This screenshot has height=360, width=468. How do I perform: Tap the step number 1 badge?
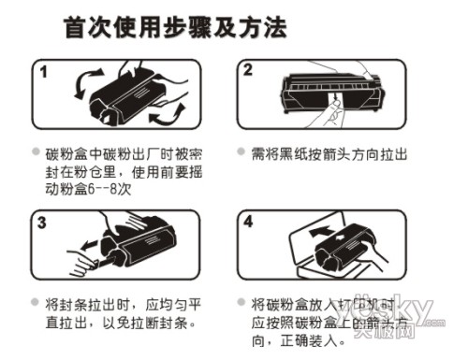(x=44, y=71)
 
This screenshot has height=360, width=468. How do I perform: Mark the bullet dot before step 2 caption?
(x=238, y=151)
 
